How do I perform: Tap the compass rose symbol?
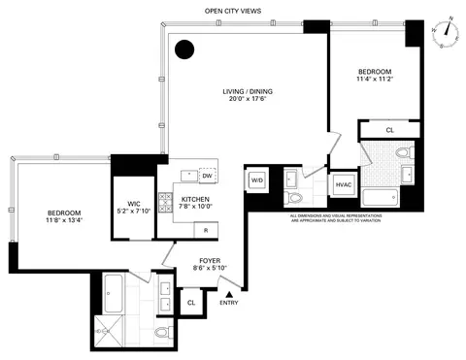pos(446,34)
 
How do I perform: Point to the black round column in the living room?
pos(183,50)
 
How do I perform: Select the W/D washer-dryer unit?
pos(258,180)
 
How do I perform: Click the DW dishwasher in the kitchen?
pos(207,176)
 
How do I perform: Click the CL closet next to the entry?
pos(191,303)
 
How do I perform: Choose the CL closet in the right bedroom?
pos(389,128)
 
